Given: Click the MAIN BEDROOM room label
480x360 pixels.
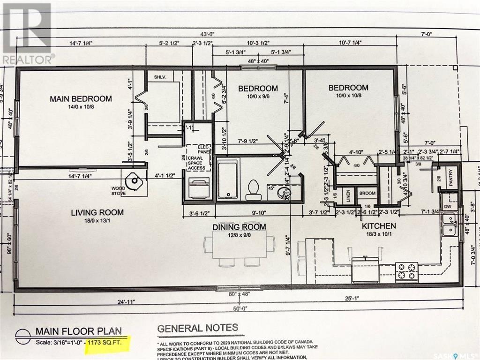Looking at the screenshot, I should coord(81,99).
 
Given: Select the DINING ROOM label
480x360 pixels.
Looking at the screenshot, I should coord(239,227).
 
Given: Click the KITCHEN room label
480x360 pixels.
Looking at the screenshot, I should coord(378,226).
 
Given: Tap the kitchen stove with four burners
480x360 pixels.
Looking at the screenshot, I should coord(406,271).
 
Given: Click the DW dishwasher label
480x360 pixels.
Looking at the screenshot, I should coord(448,206).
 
